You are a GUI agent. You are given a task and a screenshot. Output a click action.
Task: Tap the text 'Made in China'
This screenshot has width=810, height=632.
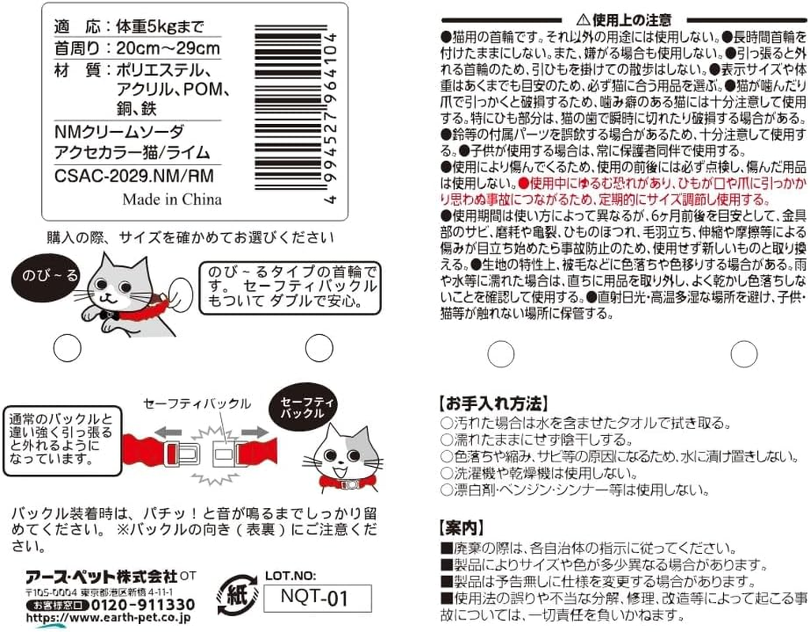(x=172, y=199)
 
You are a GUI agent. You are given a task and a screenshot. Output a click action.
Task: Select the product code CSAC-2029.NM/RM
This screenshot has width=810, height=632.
(x=133, y=176)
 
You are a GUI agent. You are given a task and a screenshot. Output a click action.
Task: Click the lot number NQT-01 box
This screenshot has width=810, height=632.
(x=317, y=598)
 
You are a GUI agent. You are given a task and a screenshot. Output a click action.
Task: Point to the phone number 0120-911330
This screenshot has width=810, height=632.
(x=144, y=604)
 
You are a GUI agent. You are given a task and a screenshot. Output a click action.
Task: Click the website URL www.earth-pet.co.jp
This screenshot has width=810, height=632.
(x=108, y=618)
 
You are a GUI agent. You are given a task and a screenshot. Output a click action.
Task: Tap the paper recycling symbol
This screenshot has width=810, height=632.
(x=237, y=596)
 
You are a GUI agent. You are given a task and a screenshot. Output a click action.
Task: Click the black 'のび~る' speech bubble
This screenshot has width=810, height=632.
(x=47, y=276)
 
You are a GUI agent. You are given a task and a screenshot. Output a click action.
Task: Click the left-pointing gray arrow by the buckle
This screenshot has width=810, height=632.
(x=168, y=433)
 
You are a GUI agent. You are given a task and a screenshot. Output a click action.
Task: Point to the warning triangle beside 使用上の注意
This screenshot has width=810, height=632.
(x=583, y=20)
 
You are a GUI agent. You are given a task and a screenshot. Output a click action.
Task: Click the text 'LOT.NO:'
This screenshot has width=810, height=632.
(x=291, y=576)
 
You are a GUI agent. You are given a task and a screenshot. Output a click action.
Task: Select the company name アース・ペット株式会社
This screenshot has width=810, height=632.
(x=102, y=577)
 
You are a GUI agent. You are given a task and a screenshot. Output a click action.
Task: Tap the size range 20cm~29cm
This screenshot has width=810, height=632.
(x=168, y=48)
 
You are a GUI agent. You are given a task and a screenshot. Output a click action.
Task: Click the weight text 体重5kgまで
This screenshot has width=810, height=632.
(x=160, y=26)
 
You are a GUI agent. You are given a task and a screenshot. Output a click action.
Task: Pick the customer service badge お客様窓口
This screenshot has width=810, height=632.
(x=58, y=605)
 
